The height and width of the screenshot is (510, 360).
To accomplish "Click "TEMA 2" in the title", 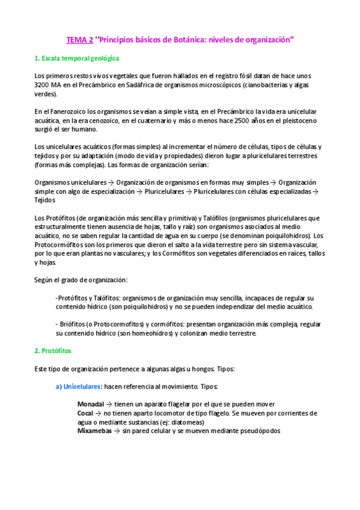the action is [79, 40].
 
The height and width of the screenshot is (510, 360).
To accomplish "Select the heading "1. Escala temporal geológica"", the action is [77, 58].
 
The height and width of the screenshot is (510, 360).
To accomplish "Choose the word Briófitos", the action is [73, 325].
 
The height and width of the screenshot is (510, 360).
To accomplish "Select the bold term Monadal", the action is [91, 404].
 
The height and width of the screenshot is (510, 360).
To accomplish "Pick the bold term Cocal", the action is [85, 413].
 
